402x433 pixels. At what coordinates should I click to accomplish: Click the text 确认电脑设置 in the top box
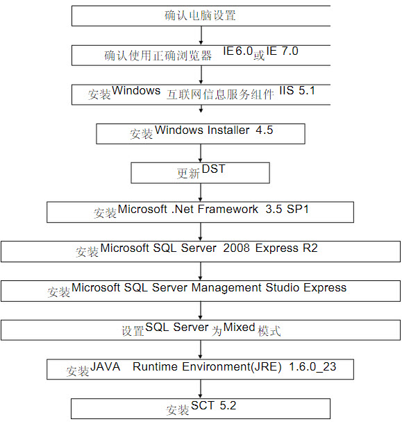click(x=200, y=15)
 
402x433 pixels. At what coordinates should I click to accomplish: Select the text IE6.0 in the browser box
click(x=238, y=51)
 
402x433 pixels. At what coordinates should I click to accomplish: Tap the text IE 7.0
click(x=282, y=51)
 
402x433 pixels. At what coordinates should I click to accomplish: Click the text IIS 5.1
click(x=297, y=91)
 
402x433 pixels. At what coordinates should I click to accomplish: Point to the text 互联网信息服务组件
click(x=220, y=94)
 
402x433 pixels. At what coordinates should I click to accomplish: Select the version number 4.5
click(x=265, y=130)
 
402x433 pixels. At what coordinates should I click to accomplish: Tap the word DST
click(x=214, y=169)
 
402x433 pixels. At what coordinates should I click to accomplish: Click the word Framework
click(x=228, y=209)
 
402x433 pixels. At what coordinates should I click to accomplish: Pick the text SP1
click(x=298, y=209)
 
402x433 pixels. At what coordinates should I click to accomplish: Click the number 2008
click(x=237, y=248)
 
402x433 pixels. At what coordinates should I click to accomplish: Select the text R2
click(x=310, y=248)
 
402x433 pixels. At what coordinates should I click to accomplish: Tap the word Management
click(x=226, y=288)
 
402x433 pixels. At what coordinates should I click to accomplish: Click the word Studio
click(x=283, y=287)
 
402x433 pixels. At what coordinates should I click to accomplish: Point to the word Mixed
click(x=239, y=328)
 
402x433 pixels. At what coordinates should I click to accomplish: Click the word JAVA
click(x=106, y=366)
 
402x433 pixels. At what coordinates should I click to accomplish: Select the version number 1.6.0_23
click(x=312, y=367)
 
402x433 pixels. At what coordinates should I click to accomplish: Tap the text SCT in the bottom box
click(x=202, y=406)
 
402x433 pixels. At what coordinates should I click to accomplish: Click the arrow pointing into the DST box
click(x=201, y=153)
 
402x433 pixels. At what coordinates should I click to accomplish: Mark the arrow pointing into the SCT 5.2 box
click(x=201, y=389)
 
